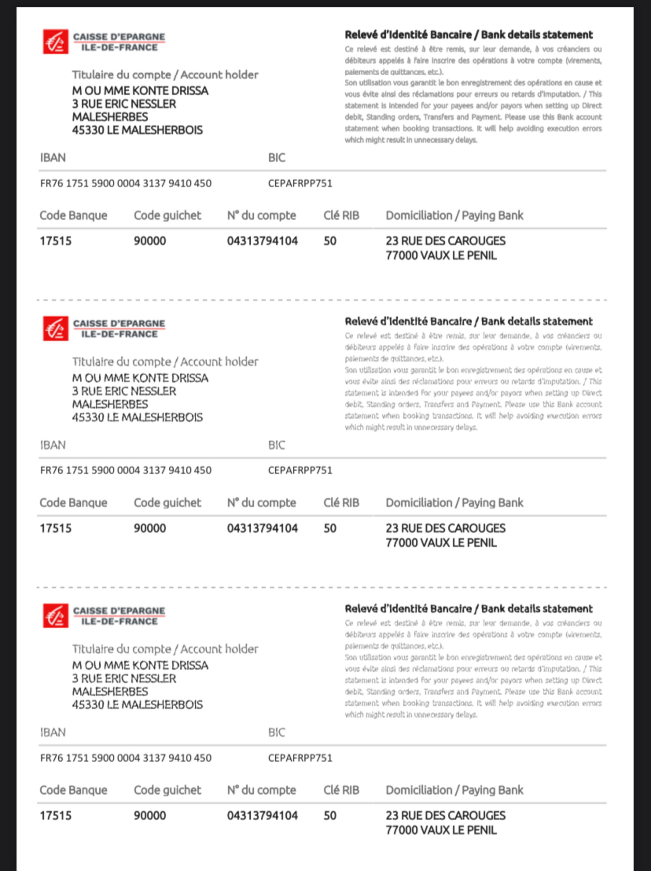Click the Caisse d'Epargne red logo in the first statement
pos(56,41)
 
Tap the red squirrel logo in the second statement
pos(56,328)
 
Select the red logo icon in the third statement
pos(56,615)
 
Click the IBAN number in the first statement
pos(126,184)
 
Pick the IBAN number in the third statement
pos(126,758)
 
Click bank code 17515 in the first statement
pos(56,241)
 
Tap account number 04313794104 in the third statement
pos(262,815)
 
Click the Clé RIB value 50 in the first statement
pos(330,241)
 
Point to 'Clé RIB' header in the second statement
pos(341,503)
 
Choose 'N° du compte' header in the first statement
pos(261,216)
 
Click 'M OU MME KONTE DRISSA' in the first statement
pos(140,91)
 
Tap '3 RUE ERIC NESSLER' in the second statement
pos(124,392)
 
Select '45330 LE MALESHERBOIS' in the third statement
pos(137,705)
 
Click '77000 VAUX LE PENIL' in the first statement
pos(441,256)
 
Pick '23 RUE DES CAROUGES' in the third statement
pos(445,815)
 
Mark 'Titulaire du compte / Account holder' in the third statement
pos(165,649)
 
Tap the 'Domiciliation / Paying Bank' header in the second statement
pos(454,503)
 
